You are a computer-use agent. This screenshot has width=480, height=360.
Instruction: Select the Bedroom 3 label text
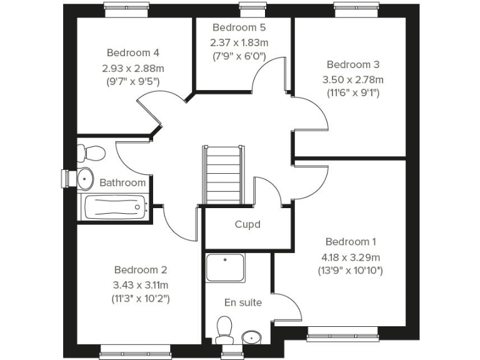point(352,64)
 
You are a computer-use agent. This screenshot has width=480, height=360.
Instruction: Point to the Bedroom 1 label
point(351,242)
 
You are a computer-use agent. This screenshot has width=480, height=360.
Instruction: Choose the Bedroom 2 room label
point(141,270)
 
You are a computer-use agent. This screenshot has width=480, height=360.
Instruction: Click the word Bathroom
point(122,183)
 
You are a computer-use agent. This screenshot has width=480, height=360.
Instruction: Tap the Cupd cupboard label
point(247,224)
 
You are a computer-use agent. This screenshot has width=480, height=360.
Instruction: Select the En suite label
point(243,302)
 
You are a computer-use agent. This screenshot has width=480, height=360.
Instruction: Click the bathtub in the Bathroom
point(114,207)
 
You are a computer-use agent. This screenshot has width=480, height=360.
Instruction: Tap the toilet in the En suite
point(224,330)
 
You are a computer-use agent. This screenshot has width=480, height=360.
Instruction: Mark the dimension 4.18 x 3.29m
point(351,257)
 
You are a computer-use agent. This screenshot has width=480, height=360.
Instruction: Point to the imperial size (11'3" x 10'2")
point(141,298)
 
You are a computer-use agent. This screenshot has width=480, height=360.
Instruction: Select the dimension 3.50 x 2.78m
point(352,79)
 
